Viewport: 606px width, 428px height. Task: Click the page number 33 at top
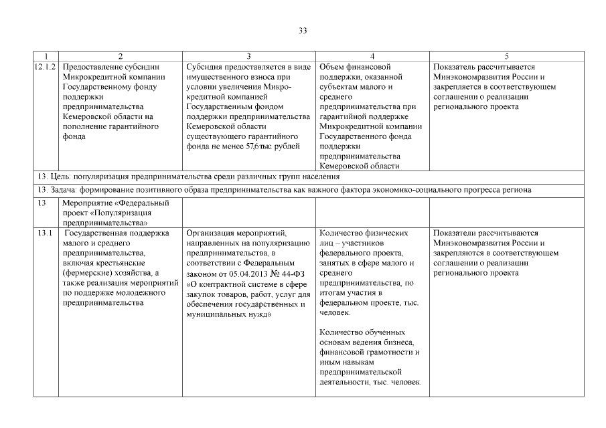pyautogui.click(x=303, y=30)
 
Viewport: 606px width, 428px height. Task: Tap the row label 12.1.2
pyautogui.click(x=44, y=67)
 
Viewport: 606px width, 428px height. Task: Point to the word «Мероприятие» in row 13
pyautogui.click(x=87, y=203)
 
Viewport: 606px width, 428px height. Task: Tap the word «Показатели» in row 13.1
pyautogui.click(x=456, y=233)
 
